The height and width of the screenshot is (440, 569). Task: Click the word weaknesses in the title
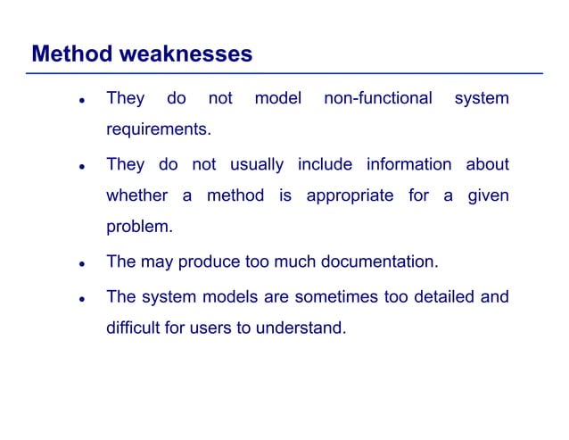pyautogui.click(x=186, y=54)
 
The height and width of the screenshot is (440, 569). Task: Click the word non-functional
pyautogui.click(x=377, y=98)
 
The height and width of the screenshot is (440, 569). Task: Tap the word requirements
pyautogui.click(x=159, y=130)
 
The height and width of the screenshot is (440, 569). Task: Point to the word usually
pyautogui.click(x=257, y=164)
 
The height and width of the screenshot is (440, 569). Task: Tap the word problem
pyautogui.click(x=139, y=227)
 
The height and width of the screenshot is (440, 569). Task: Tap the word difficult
pyautogui.click(x=132, y=328)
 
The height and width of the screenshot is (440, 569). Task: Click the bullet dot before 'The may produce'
pyautogui.click(x=81, y=264)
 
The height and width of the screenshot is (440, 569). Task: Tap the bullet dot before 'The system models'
pyautogui.click(x=81, y=298)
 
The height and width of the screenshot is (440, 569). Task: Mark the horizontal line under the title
pyautogui.click(x=285, y=73)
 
